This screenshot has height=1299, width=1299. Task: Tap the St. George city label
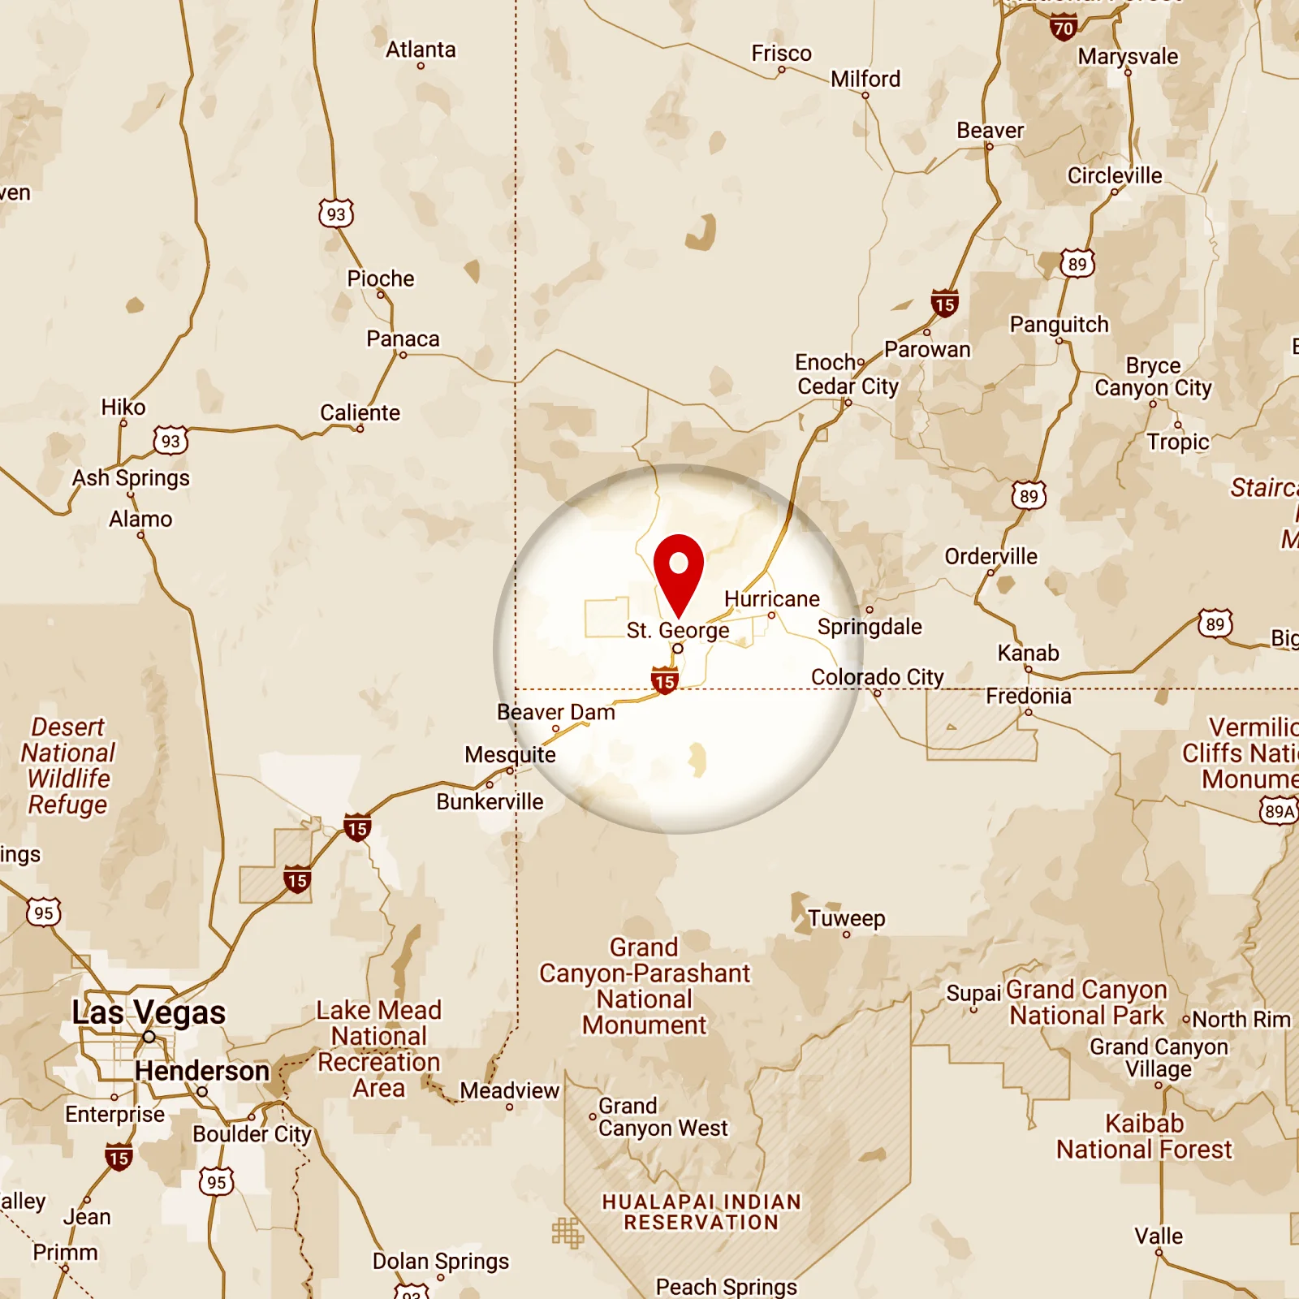(x=678, y=630)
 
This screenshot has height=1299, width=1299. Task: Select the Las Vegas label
(x=149, y=1012)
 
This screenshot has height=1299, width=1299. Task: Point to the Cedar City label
(x=848, y=386)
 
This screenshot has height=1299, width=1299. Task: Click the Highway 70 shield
(x=1063, y=28)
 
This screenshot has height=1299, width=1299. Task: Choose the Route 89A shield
(x=1279, y=811)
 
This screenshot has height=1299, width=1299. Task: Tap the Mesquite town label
(x=510, y=754)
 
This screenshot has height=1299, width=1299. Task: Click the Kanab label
(x=1028, y=653)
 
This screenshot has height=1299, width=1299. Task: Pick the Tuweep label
(x=846, y=918)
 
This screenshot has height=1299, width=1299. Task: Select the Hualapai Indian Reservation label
(x=701, y=1212)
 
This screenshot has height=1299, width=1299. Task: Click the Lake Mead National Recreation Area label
(x=379, y=1049)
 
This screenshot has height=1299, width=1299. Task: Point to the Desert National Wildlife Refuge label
(x=68, y=766)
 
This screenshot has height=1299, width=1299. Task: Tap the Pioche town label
(x=381, y=278)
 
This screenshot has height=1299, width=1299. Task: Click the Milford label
(x=865, y=79)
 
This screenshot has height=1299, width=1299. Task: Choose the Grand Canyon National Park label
(x=1086, y=1003)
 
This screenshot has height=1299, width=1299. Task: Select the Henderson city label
(x=202, y=1071)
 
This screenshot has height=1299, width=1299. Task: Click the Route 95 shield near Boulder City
(x=217, y=1182)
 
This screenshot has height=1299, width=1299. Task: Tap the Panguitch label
(x=1059, y=324)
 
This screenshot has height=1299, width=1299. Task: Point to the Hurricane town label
(x=771, y=598)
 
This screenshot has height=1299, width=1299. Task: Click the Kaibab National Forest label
(x=1144, y=1137)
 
